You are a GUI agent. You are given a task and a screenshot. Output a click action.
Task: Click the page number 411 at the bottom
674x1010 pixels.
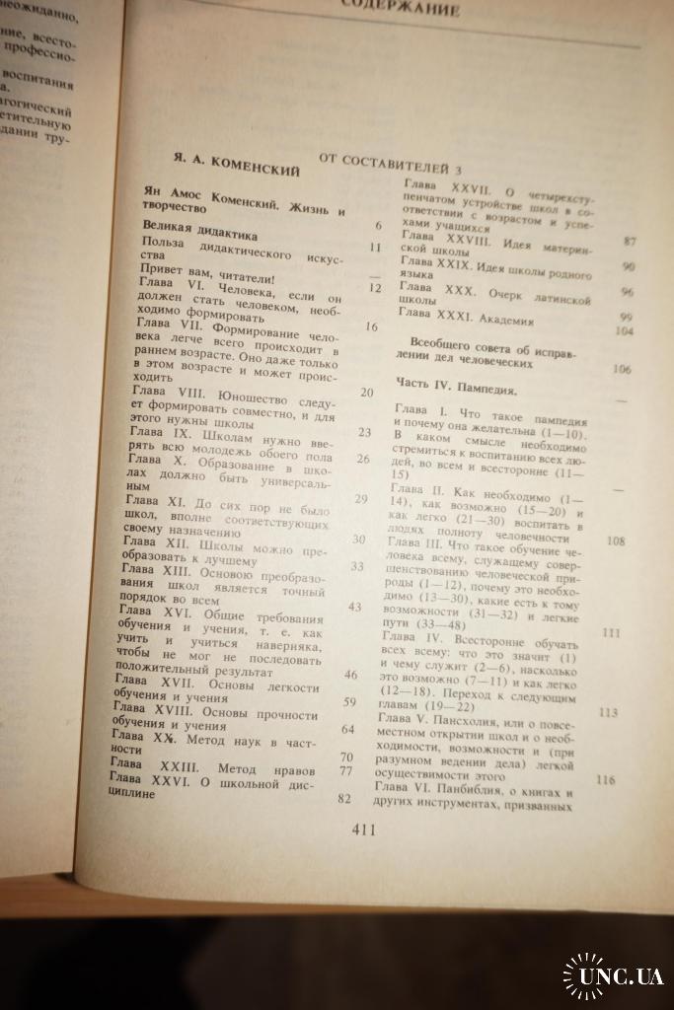364,830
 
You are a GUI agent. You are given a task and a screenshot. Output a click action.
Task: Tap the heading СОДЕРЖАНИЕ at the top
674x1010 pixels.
400,11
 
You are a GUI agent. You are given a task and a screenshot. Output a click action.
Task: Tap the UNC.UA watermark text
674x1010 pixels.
621,976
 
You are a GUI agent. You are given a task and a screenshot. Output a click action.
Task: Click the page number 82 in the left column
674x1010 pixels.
344,798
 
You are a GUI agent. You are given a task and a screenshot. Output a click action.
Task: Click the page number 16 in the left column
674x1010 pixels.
371,327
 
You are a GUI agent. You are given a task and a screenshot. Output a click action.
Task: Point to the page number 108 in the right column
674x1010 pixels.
617,541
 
